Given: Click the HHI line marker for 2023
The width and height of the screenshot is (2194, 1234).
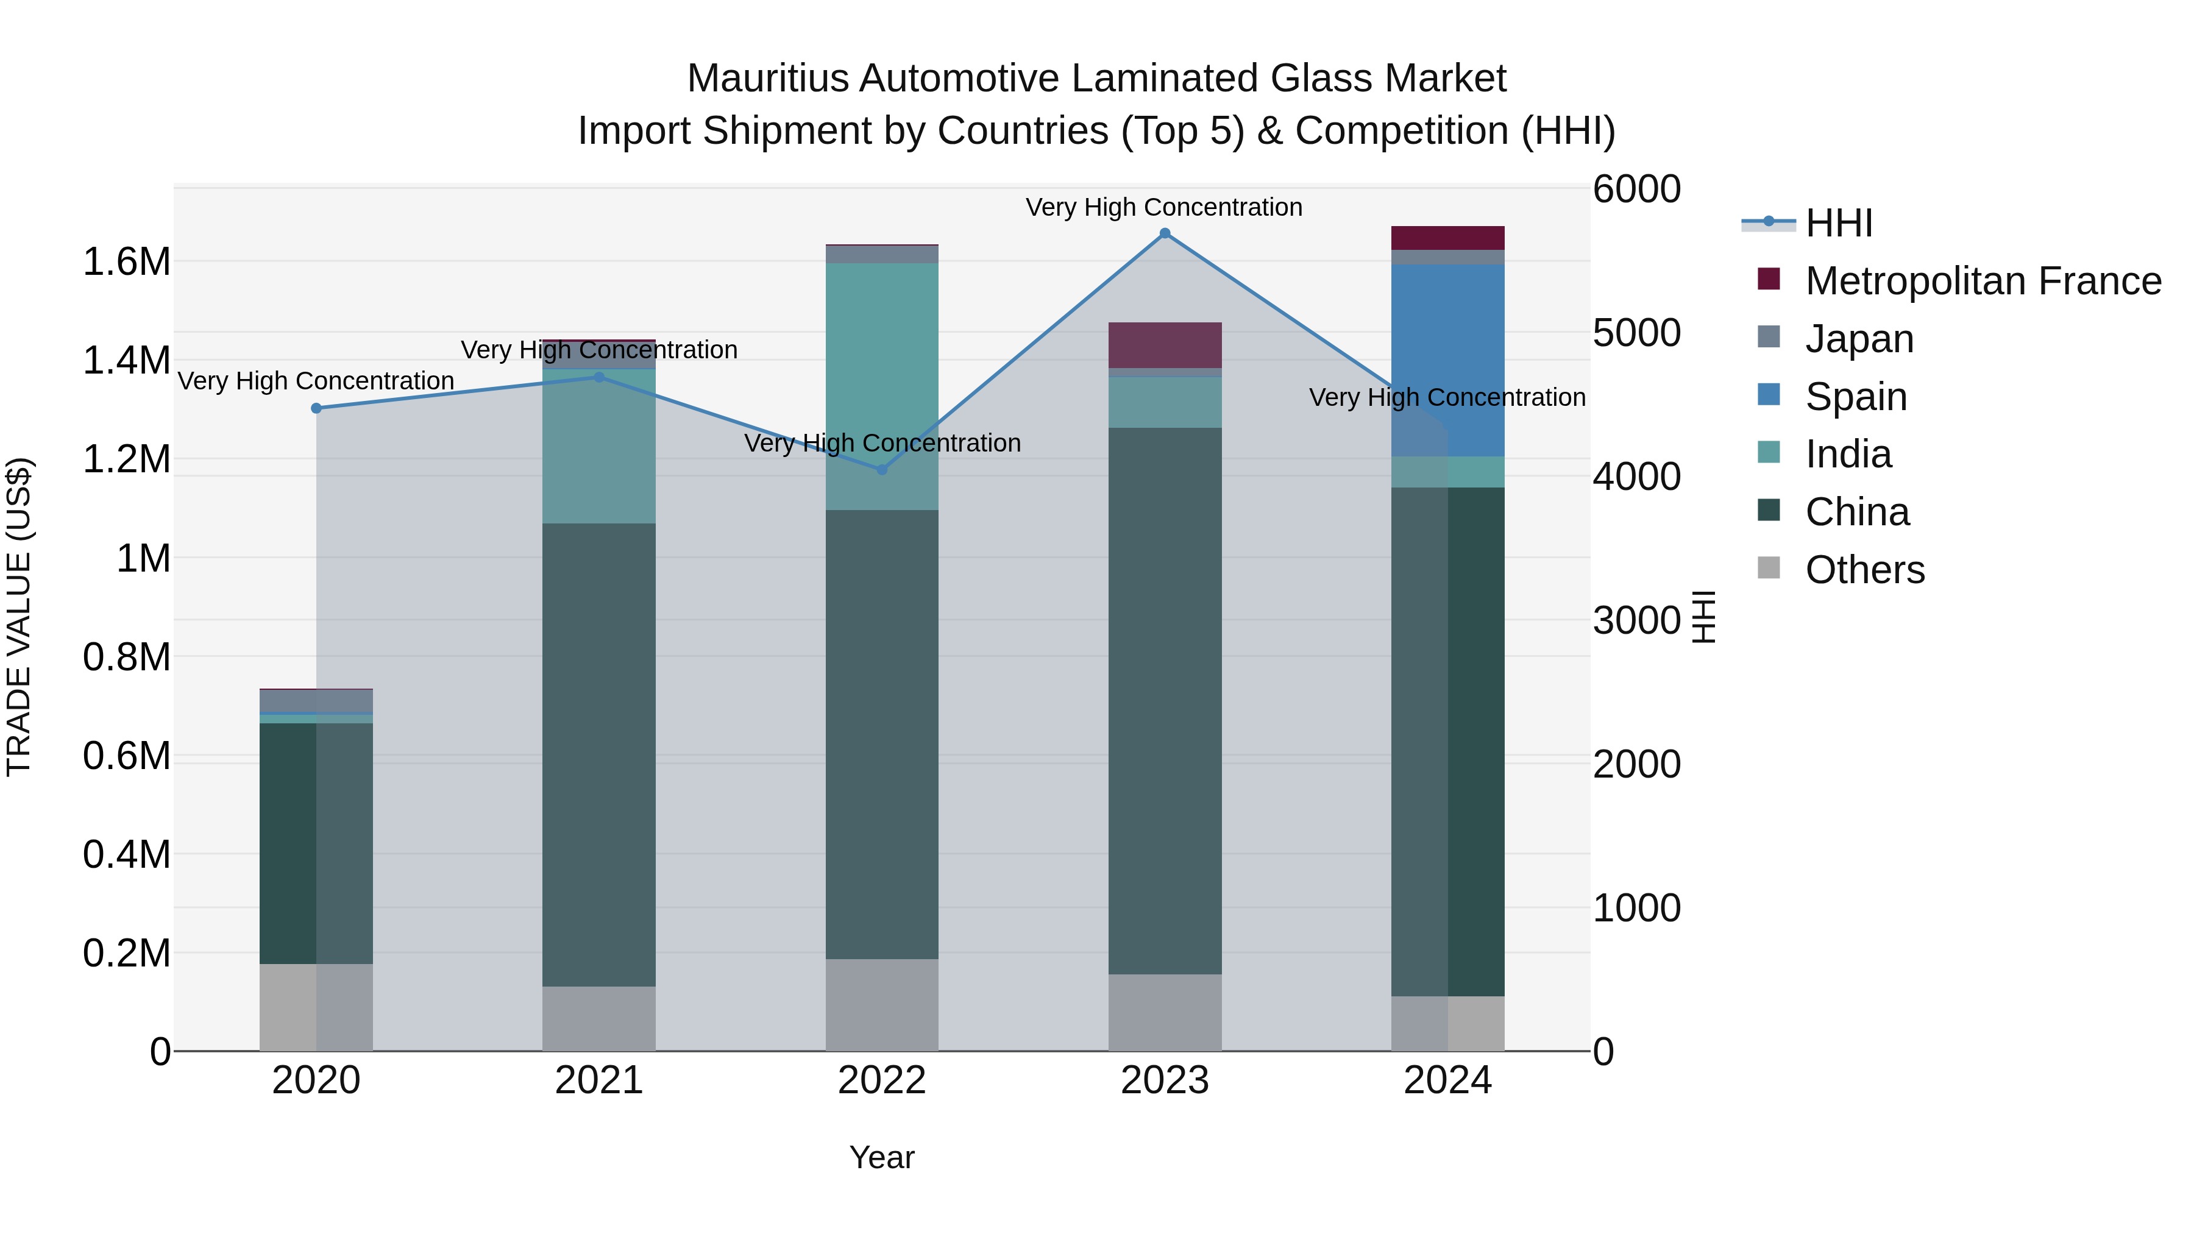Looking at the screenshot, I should coord(1164,233).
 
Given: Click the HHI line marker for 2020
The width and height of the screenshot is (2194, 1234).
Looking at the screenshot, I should coord(316,408).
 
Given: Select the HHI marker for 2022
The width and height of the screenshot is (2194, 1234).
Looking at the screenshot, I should coord(881,469).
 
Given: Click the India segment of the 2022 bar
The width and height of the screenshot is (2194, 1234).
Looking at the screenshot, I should coord(881,383).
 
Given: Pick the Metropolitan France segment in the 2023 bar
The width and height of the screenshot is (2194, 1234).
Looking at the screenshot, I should coord(1164,345).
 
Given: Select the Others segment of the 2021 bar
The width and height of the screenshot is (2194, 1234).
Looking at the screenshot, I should coord(598,1018).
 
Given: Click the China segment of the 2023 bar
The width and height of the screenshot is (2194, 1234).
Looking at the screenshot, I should coord(1164,698).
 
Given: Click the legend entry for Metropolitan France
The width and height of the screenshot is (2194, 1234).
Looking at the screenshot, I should coord(1982,281).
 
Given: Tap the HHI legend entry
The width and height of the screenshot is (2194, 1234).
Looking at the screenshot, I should coord(1838,223).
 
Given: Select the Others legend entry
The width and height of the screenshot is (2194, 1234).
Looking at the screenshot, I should coord(1864,570).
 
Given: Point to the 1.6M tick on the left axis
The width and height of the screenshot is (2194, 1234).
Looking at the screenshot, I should coord(126,261).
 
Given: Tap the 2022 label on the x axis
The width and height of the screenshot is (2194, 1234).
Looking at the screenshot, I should coord(881,1080).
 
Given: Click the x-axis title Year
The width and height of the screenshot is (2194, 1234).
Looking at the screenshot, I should coord(881,1157).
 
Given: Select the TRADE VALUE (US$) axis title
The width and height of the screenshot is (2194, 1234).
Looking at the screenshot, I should coord(19,617).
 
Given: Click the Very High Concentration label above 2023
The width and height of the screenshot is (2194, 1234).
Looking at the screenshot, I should coord(1163,207).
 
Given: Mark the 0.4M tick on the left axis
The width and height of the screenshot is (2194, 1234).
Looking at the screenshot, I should coord(126,854).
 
